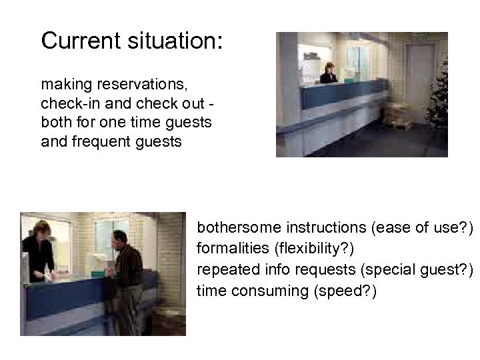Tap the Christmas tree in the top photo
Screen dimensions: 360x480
tap(441, 100)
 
